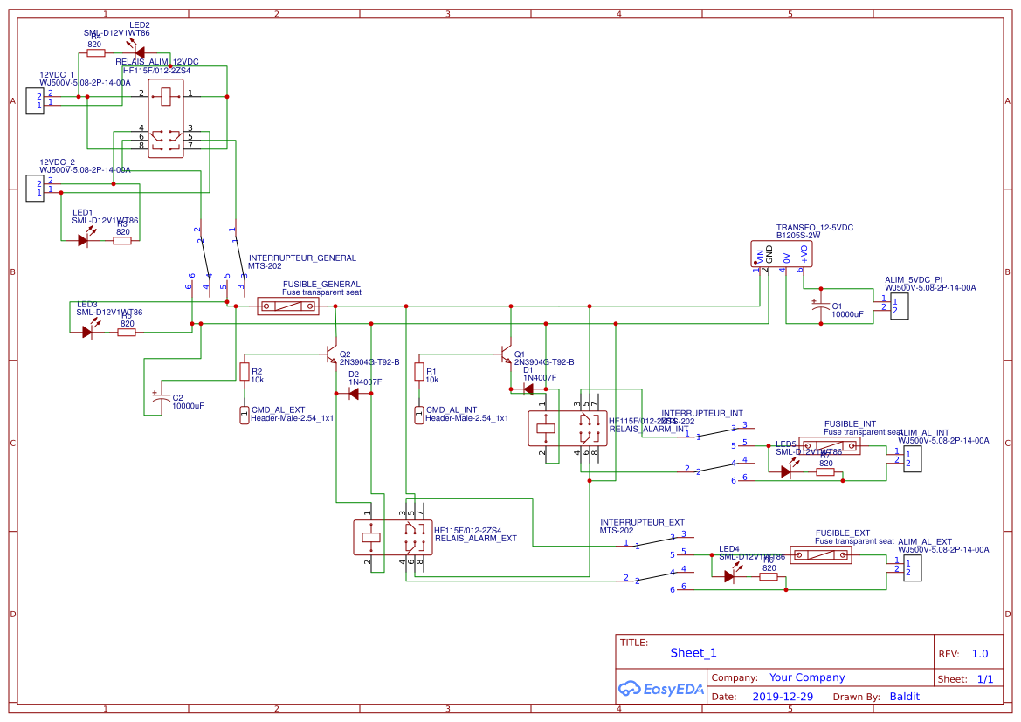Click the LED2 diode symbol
pyautogui.click(x=139, y=52)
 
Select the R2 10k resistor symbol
pyautogui.click(x=245, y=372)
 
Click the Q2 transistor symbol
pyautogui.click(x=330, y=354)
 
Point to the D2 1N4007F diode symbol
pyautogui.click(x=353, y=394)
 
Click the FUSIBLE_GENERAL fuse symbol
pyautogui.click(x=288, y=306)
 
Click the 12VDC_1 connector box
pyautogui.click(x=35, y=100)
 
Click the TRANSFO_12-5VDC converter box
pyautogui.click(x=782, y=254)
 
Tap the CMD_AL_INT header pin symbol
pyautogui.click(x=419, y=415)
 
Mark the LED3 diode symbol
pyautogui.click(x=86, y=332)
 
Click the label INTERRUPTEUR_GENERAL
pyautogui.click(x=302, y=258)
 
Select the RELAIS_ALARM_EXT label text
pyautogui.click(x=475, y=539)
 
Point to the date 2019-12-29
pyautogui.click(x=783, y=697)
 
